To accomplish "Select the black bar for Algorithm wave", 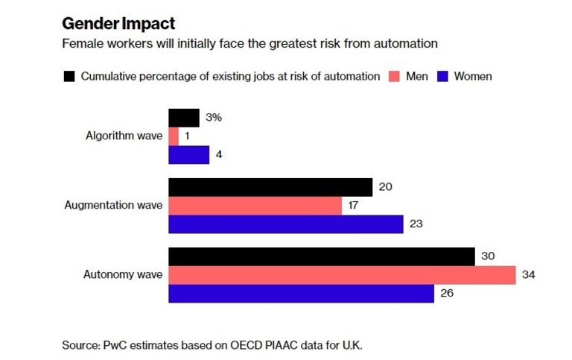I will click(x=184, y=118).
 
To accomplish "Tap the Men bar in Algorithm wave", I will click(x=174, y=136).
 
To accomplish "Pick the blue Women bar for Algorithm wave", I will click(x=188, y=155).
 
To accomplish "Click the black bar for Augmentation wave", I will click(x=270, y=187).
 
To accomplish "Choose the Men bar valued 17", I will click(x=255, y=206).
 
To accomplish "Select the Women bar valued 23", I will click(x=286, y=224).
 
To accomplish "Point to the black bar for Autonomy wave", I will click(x=322, y=256).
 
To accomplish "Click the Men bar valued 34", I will click(x=342, y=275).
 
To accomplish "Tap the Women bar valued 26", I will click(x=301, y=294).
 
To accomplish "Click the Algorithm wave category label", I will click(x=124, y=136).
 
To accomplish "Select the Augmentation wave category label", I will click(x=113, y=206).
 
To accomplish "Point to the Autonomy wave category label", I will click(x=122, y=275).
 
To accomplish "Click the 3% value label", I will click(x=214, y=118).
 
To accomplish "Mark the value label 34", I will click(x=529, y=275).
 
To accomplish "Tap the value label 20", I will click(x=385, y=187).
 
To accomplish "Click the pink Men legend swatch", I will click(x=393, y=76).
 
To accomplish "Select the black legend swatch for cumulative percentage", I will click(x=69, y=76).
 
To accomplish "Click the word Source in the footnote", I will click(x=80, y=345).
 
